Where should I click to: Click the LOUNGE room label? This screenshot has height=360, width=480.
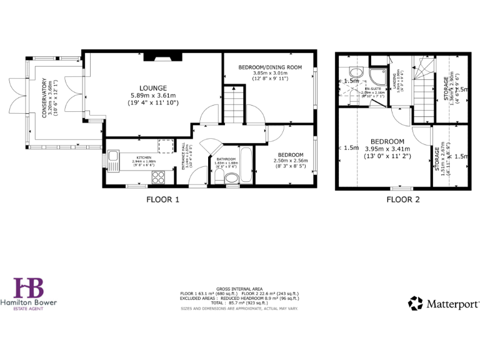coord(152,87)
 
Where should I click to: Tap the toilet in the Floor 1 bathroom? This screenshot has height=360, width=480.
coord(230,180)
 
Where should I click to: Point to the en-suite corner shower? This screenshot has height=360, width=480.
coord(377,76)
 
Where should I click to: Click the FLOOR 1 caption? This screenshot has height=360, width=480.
coord(162,200)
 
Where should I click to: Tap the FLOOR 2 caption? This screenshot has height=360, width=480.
coord(402,200)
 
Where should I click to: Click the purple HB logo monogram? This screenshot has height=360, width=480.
coord(29,288)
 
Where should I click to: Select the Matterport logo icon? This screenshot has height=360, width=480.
coord(416,304)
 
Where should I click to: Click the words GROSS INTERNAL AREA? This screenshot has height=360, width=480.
coord(239,288)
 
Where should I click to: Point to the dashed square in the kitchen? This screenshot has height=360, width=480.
coord(166,146)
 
